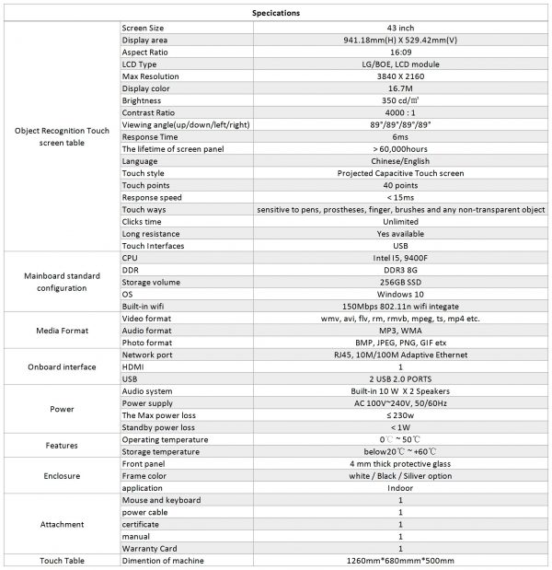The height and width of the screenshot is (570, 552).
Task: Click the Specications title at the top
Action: point(275,13)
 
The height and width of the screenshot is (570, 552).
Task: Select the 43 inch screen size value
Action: point(399,29)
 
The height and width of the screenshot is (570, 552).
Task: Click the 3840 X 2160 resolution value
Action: point(399,76)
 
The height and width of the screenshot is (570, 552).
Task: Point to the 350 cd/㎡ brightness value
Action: point(399,100)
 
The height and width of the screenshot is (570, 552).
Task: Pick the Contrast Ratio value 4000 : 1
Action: point(399,112)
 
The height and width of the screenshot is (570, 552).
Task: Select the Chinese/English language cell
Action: point(399,160)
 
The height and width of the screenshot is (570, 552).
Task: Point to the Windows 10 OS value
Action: point(399,294)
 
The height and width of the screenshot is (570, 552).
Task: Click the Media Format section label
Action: point(61,330)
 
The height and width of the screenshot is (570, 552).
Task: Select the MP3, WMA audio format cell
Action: point(399,330)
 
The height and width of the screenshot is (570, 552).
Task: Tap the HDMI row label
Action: point(134,366)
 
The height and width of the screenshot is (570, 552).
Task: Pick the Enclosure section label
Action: point(61,476)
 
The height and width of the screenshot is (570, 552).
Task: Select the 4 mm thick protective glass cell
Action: point(399,464)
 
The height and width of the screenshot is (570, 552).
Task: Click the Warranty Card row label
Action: point(150,548)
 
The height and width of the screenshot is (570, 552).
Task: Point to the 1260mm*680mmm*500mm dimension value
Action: point(399,561)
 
